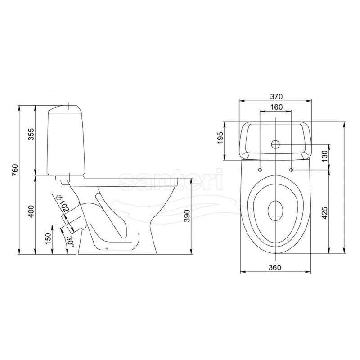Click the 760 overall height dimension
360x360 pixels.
(x=15, y=170)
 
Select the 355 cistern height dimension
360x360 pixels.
(x=31, y=134)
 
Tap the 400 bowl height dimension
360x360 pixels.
(x=31, y=211)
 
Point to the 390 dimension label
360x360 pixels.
(x=188, y=216)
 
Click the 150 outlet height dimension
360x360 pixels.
(x=48, y=239)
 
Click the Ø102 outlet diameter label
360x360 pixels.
(x=63, y=203)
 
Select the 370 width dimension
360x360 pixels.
(x=276, y=96)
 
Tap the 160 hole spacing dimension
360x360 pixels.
(x=276, y=107)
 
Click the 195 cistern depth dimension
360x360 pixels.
(x=220, y=138)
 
